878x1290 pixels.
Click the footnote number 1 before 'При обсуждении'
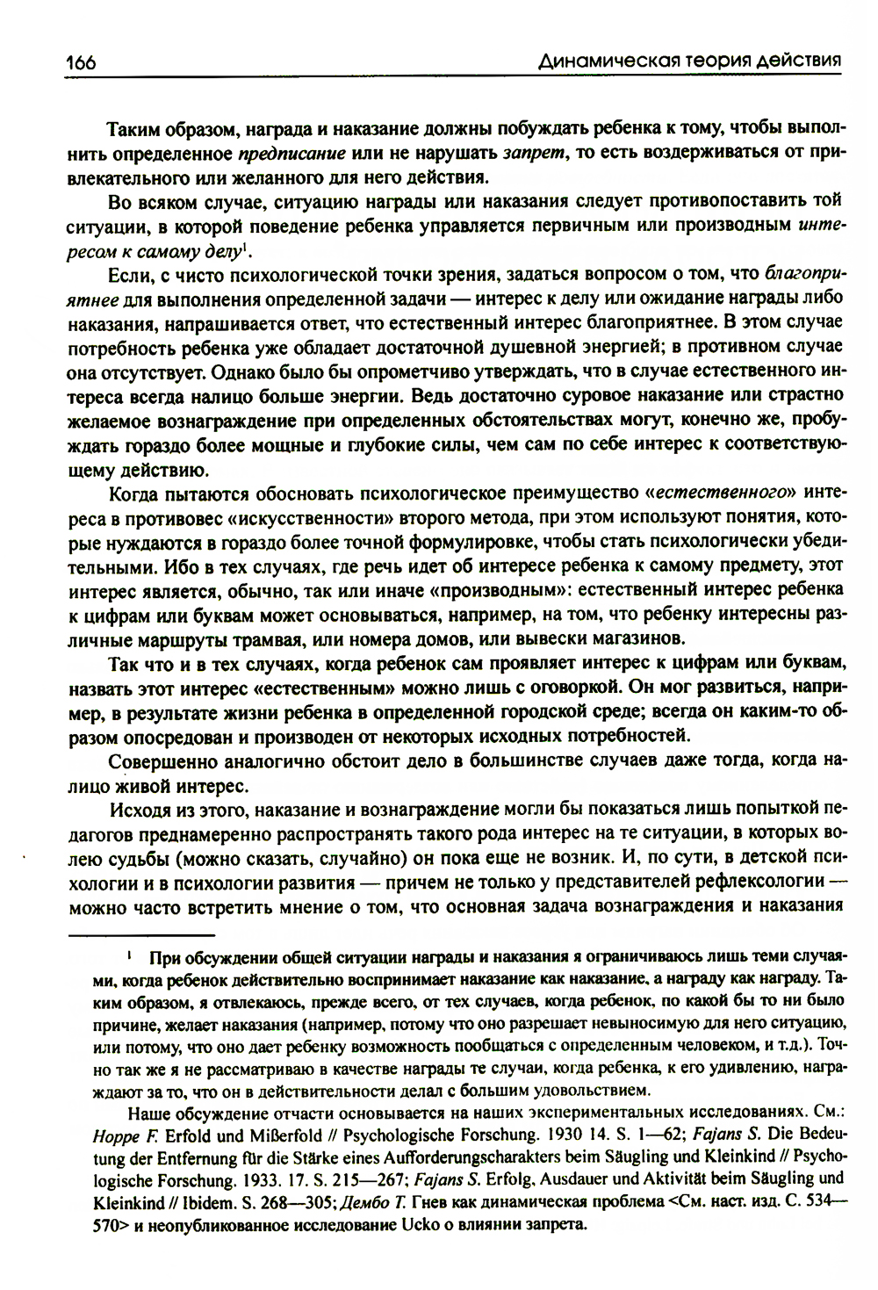point(129,954)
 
